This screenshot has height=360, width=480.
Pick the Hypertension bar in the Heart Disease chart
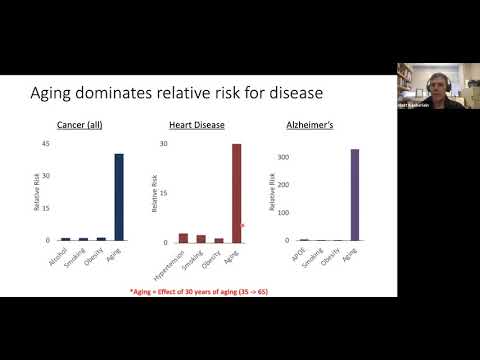click(x=183, y=238)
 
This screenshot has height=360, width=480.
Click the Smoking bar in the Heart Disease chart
click(x=201, y=239)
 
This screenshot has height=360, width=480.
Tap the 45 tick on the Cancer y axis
click(x=45, y=144)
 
